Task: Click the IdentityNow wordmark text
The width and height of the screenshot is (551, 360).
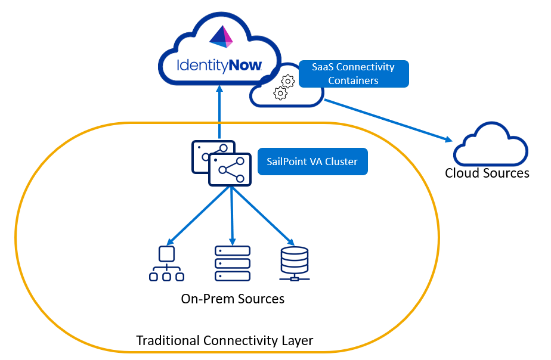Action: (219, 65)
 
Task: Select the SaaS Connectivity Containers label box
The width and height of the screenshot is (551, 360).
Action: (353, 74)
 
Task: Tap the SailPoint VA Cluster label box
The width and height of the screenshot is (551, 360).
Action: (312, 162)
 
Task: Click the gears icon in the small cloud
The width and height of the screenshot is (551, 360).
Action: (284, 86)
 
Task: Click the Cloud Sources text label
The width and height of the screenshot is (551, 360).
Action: (487, 173)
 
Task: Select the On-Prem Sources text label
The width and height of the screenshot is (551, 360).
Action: (233, 298)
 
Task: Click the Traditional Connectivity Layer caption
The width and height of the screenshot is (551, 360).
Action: (224, 340)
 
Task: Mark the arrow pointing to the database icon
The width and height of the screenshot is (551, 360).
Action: (265, 216)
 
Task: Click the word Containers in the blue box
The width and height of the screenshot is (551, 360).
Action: (353, 80)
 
